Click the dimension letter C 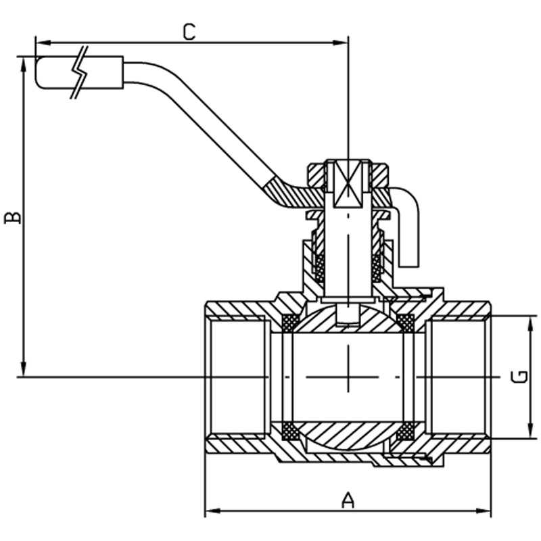pos(189,32)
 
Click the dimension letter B pos(13,218)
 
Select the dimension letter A pos(348,500)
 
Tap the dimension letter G pos(519,377)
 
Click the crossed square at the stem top pos(348,184)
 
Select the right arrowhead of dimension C pos(340,43)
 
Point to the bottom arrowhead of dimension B pos(24,368)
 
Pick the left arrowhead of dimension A pos(213,511)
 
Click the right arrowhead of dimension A pos(482,511)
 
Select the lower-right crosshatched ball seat pos(405,431)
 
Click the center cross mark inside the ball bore pos(348,377)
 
